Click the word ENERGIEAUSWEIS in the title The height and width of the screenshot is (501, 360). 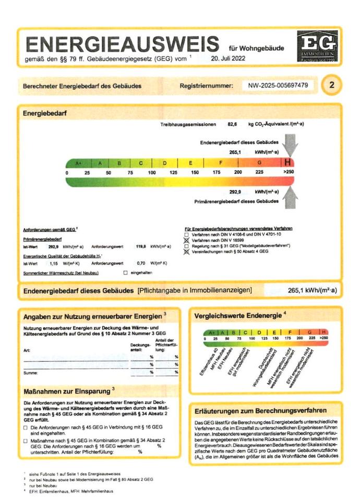point(122,44)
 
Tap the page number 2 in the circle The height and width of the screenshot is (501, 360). point(331,85)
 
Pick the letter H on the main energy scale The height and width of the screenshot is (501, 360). point(287,162)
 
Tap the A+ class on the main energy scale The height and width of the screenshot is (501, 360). point(78,163)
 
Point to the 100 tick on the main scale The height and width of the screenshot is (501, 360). point(151,172)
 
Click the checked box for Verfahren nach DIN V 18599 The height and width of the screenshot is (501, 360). point(187,240)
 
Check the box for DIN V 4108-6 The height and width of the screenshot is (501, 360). point(187,234)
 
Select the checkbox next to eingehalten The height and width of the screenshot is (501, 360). point(125,273)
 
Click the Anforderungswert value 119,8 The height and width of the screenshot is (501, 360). point(140,246)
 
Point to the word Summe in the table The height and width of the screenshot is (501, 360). point(31,373)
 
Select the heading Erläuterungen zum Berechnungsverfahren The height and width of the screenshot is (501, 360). point(261,411)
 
